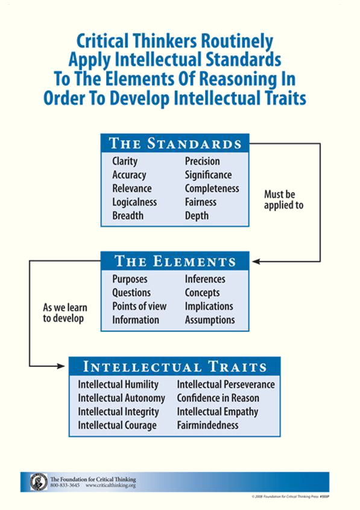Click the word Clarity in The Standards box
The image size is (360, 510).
coord(125,161)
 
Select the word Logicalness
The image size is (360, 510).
coord(134,202)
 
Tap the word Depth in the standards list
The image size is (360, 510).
coord(197,216)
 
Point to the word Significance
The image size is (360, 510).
coord(208,175)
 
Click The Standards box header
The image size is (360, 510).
coord(175,143)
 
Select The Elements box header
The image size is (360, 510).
coord(175,261)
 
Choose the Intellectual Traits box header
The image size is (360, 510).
coord(174,366)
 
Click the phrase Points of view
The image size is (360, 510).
coord(139,307)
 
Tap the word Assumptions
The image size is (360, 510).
coord(210,320)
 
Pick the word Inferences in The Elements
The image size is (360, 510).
coord(205,279)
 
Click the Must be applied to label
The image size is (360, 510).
coord(283,200)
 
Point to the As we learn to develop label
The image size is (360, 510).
coord(65,313)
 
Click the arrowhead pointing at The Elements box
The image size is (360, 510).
coord(256,261)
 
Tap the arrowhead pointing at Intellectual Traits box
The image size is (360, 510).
coord(61,366)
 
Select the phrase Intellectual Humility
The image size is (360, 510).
coord(118,384)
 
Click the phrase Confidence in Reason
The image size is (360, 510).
coord(218,398)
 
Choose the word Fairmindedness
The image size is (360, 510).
coord(207,426)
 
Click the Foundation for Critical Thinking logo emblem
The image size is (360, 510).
coord(39,482)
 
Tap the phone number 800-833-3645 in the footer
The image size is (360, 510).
coord(65,485)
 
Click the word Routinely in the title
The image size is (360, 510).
coord(237,42)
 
